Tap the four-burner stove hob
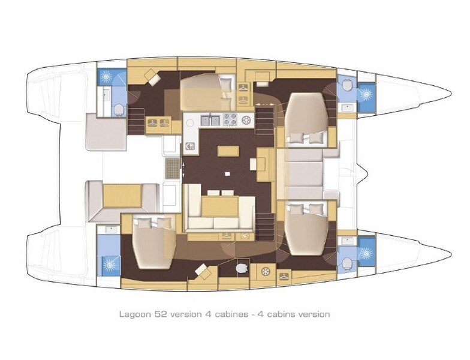[230, 119]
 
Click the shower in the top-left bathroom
[107, 77]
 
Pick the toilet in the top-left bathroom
[118, 109]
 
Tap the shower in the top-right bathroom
[364, 95]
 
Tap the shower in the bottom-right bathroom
[364, 253]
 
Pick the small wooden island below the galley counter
[228, 150]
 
